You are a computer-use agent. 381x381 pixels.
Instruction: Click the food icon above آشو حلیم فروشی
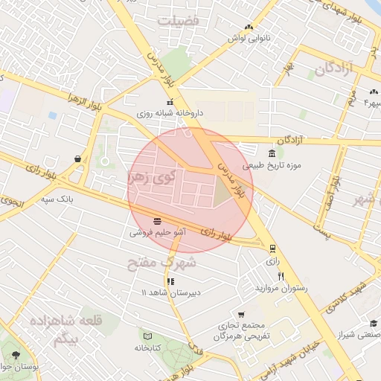158,221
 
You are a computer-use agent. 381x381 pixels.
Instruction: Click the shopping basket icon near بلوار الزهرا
78,158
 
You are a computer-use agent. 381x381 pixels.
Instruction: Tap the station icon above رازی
273,249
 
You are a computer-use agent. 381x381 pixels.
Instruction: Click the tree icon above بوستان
16,354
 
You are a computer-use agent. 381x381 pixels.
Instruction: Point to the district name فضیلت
179,21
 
